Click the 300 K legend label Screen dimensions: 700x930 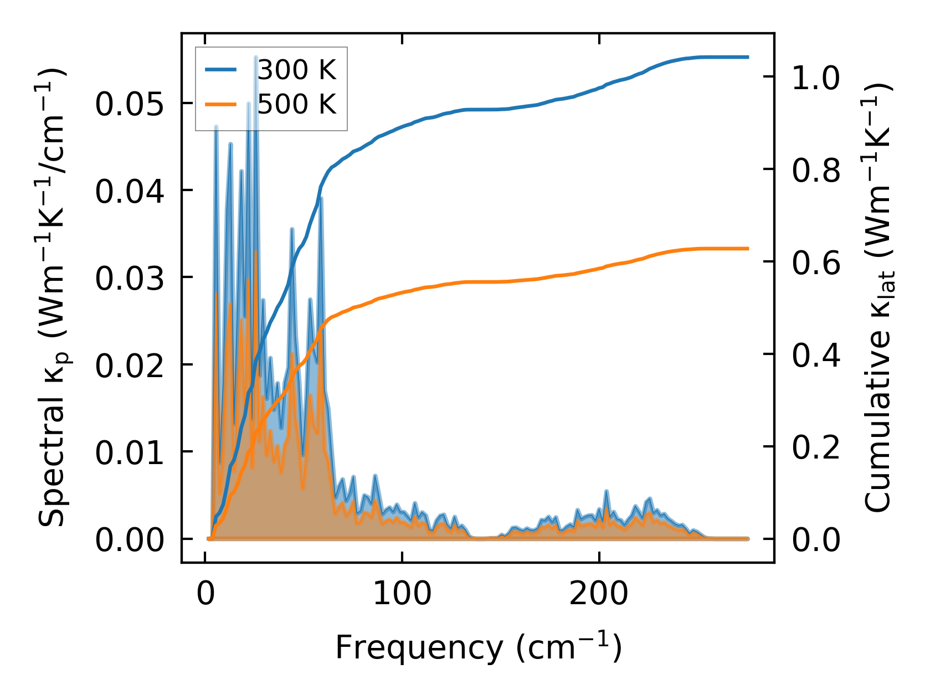[x=297, y=70]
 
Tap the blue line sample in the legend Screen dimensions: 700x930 [x=221, y=70]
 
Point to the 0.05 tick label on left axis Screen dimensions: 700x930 [x=130, y=104]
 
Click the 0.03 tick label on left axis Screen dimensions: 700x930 [x=130, y=279]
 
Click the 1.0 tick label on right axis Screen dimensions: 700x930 [x=816, y=78]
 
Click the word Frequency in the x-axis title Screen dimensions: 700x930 [x=418, y=647]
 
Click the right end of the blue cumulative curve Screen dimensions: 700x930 [x=748, y=57]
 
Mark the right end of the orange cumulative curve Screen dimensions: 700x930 [x=748, y=249]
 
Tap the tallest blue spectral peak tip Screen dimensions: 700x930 [x=255, y=57]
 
